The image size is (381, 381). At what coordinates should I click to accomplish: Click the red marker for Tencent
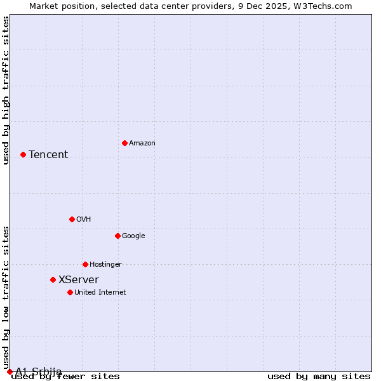click(x=23, y=154)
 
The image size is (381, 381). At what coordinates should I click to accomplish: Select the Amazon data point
click(x=124, y=143)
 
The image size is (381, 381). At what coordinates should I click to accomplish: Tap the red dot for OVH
click(x=72, y=219)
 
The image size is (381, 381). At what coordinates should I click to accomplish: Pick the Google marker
click(x=117, y=236)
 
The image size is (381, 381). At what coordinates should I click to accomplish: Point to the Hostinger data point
click(x=85, y=264)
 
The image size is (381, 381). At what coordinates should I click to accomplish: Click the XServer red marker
click(x=53, y=279)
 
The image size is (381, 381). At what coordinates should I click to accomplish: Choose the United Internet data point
click(x=70, y=292)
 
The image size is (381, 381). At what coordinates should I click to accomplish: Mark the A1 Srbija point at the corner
click(x=10, y=371)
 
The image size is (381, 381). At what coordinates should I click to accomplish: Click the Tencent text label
click(x=48, y=154)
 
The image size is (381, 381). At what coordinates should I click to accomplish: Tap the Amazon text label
click(x=142, y=143)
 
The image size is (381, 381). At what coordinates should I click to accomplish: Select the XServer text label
click(x=79, y=279)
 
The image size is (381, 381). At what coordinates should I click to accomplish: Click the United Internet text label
click(x=100, y=292)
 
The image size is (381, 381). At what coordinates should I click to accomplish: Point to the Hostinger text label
click(x=105, y=264)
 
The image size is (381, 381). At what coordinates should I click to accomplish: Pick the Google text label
click(x=133, y=236)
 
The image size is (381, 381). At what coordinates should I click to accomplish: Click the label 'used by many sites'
click(x=319, y=377)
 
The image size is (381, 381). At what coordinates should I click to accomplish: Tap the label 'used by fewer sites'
click(x=65, y=377)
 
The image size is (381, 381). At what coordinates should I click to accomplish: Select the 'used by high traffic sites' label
click(x=6, y=90)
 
